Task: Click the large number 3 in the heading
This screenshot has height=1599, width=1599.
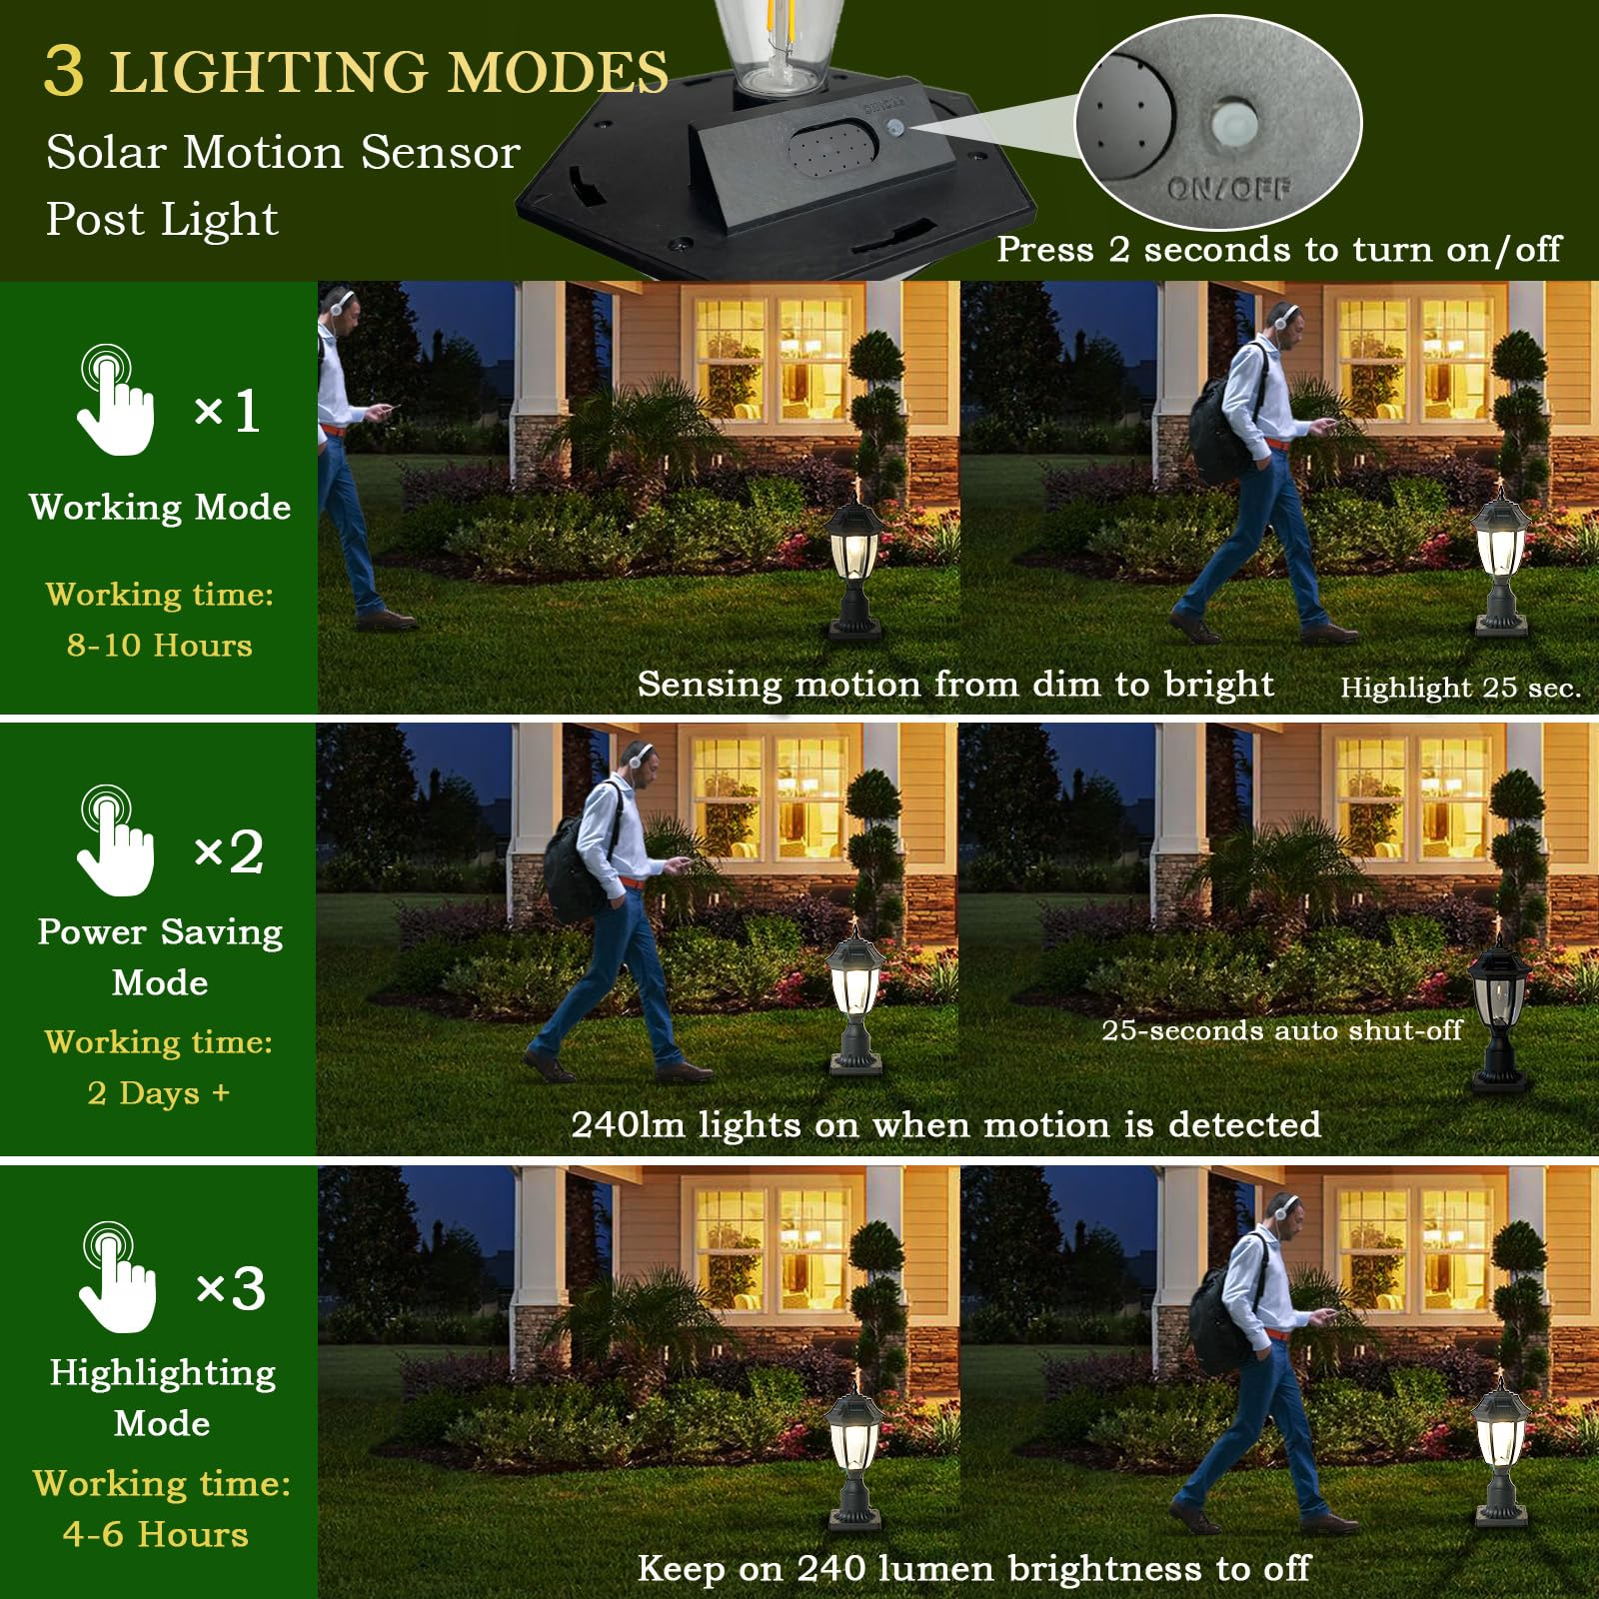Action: coord(64,71)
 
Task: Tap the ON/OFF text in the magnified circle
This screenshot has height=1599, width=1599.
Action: coord(1228,188)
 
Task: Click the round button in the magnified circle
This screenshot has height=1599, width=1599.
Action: coord(1231,123)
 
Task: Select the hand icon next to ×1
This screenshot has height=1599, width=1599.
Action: coord(115,402)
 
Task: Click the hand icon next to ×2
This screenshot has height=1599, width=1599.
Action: coord(115,841)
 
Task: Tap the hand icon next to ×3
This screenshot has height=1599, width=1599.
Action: coord(116,1278)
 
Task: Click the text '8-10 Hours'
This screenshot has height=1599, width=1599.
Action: coord(160,646)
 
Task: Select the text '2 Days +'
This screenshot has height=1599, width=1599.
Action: coord(159,1092)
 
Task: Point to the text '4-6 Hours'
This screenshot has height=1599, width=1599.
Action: coord(156,1534)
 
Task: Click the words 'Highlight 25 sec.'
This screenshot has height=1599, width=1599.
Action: coord(1460,688)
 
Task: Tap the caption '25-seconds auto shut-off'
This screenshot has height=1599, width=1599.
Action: coord(1281,1030)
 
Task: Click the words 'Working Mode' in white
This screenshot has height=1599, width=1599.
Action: coord(160,507)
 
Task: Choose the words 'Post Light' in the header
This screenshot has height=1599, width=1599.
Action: coord(162,219)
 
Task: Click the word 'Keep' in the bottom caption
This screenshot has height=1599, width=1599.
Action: coord(681,1568)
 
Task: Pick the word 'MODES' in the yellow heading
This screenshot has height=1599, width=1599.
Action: coord(557,73)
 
